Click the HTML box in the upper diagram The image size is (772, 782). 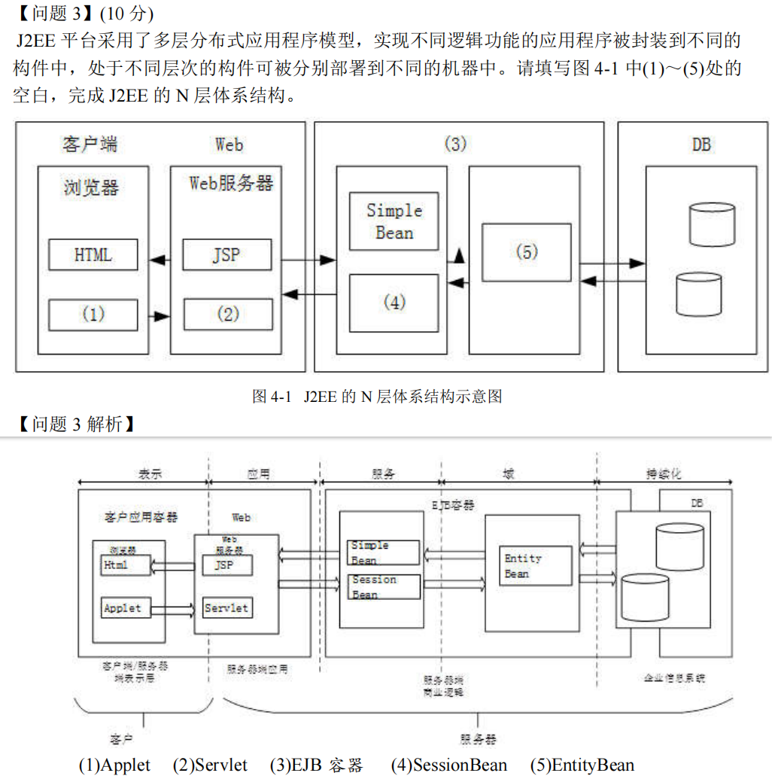click(93, 255)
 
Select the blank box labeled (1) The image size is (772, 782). click(93, 314)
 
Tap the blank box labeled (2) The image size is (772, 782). click(228, 314)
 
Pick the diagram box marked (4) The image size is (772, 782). click(394, 303)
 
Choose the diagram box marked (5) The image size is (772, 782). click(527, 253)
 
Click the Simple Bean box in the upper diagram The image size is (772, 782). click(394, 221)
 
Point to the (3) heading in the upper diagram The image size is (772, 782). click(455, 144)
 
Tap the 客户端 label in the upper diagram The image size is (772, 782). click(90, 144)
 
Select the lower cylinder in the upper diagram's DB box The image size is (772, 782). click(698, 294)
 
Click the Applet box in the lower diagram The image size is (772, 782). click(123, 608)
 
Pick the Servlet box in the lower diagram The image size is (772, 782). click(226, 608)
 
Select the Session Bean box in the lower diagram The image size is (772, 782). click(384, 587)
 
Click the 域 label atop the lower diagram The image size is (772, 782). click(509, 474)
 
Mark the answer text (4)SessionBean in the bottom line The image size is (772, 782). click(448, 765)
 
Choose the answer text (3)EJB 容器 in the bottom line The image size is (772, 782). click(316, 765)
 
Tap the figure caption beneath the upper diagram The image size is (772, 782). click(376, 396)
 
